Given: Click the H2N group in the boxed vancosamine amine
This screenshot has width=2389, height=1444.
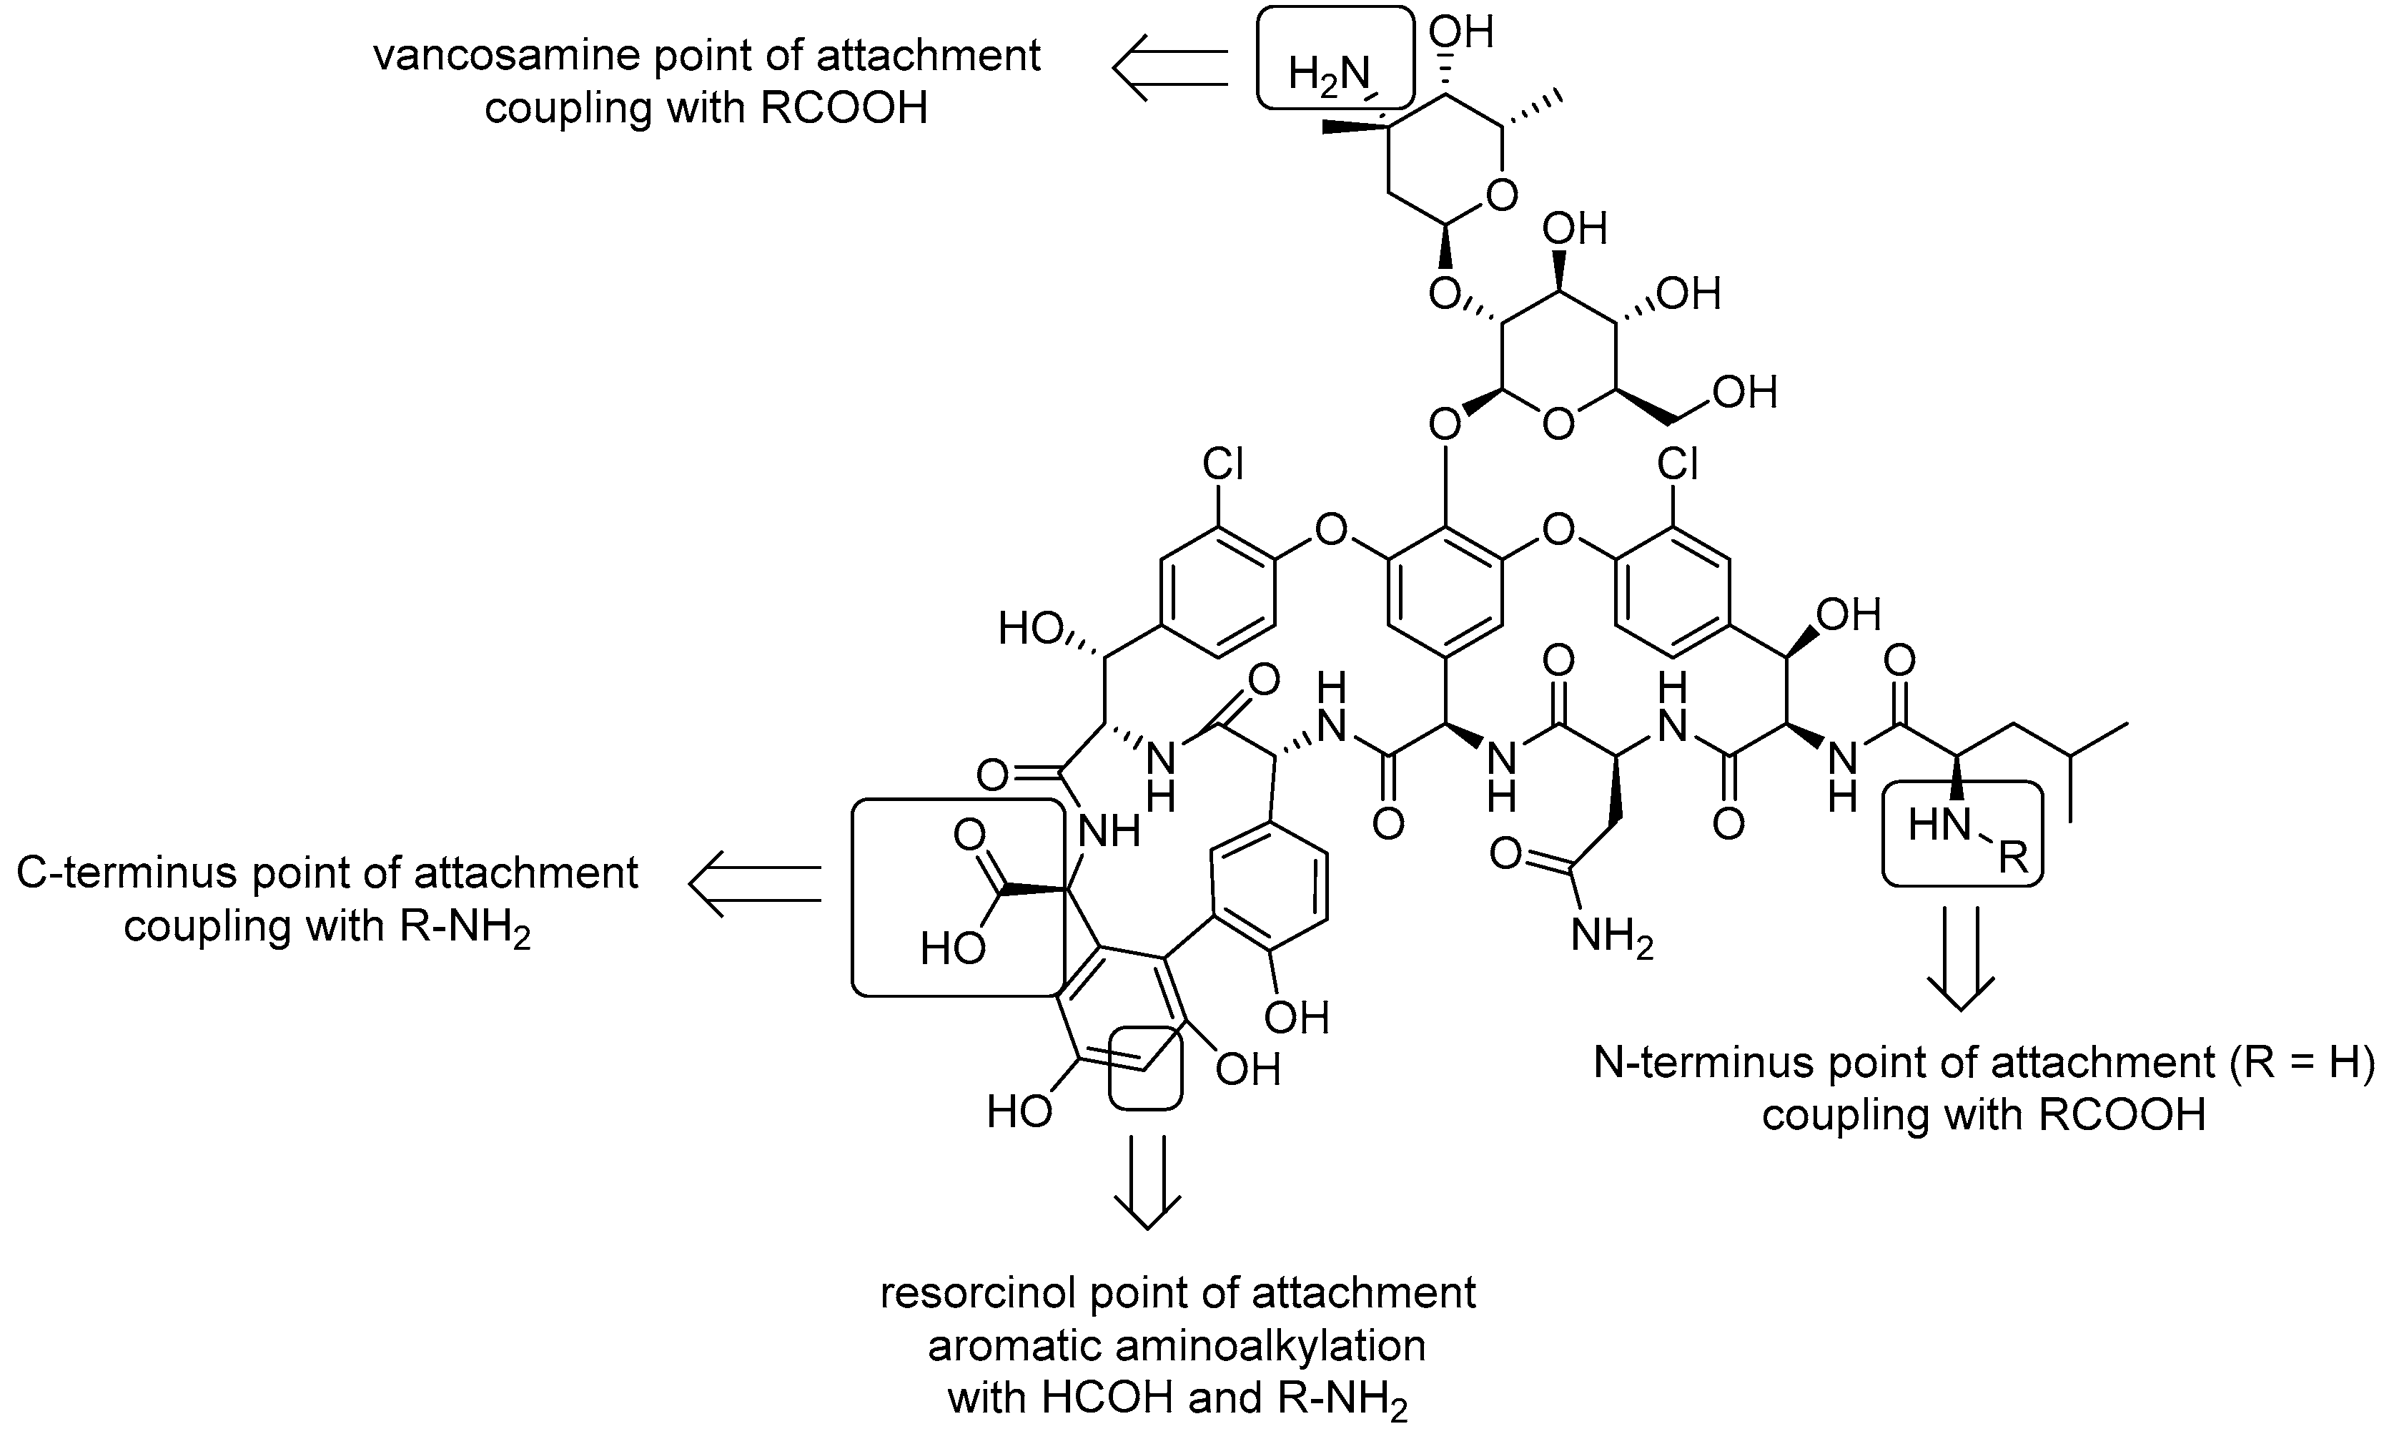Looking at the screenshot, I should click(1328, 76).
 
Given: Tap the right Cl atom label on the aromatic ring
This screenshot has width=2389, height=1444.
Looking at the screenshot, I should click(1677, 464).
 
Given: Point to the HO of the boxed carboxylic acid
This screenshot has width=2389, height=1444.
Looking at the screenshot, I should click(952, 948).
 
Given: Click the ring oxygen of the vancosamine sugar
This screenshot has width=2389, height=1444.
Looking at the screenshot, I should click(1501, 195).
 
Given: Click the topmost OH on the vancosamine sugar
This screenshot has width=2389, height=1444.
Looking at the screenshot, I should click(1461, 32).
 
